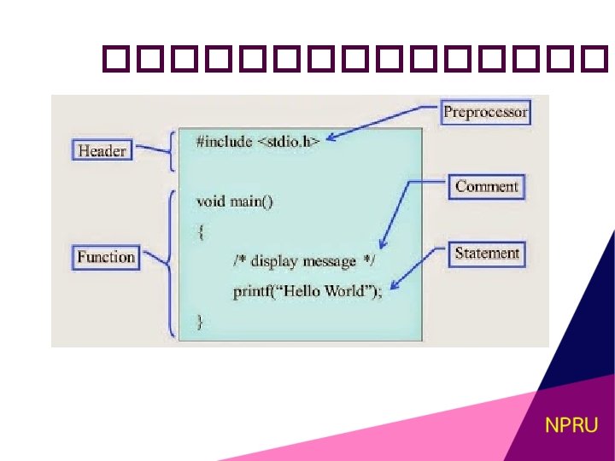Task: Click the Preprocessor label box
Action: point(486,112)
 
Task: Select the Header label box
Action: point(102,151)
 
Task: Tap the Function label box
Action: point(106,257)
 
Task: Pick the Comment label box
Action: point(486,187)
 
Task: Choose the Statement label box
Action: point(487,254)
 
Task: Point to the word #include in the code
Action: point(224,141)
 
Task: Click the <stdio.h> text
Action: point(289,141)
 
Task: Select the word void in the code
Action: point(210,201)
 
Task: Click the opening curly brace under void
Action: point(201,231)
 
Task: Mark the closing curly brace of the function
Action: point(201,321)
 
